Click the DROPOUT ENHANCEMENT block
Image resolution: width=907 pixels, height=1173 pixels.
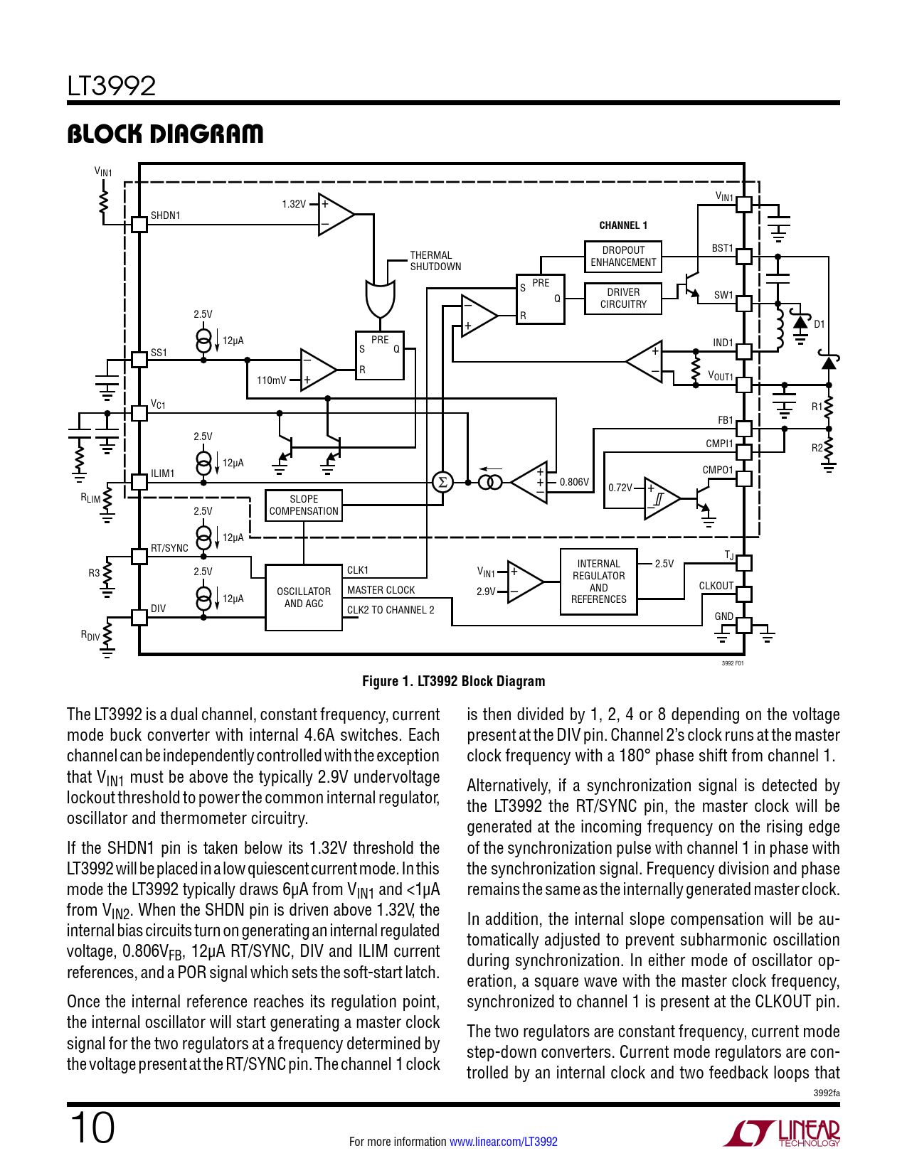pyautogui.click(x=623, y=257)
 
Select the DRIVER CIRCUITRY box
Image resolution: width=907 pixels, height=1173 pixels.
pyautogui.click(x=623, y=298)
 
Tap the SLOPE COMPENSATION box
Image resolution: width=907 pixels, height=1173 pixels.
pyautogui.click(x=304, y=505)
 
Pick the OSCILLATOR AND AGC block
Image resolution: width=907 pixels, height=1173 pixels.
pyautogui.click(x=304, y=598)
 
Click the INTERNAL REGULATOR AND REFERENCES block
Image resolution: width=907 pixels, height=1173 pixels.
pyautogui.click(x=598, y=582)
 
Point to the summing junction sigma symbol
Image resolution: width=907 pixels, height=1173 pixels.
pyautogui.click(x=442, y=482)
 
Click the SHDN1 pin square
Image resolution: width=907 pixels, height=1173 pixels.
pyautogui.click(x=139, y=224)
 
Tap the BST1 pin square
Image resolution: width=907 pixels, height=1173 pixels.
pyautogui.click(x=744, y=256)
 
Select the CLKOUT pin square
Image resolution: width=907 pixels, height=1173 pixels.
pyautogui.click(x=744, y=594)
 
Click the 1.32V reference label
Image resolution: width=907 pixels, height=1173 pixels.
pyautogui.click(x=294, y=204)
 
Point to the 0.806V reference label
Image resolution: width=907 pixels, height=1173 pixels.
pyautogui.click(x=574, y=482)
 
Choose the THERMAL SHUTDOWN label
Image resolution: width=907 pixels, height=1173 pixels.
pyautogui.click(x=435, y=261)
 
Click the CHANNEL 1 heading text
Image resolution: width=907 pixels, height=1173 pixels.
pyautogui.click(x=623, y=225)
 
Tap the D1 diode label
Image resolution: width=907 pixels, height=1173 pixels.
pyautogui.click(x=820, y=324)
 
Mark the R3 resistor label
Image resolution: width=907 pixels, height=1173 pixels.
pyautogui.click(x=94, y=573)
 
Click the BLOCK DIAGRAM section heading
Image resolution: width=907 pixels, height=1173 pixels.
pyautogui.click(x=165, y=134)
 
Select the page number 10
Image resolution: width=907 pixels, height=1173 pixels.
pyautogui.click(x=92, y=1128)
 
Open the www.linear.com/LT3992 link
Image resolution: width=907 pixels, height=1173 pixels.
pyautogui.click(x=504, y=1142)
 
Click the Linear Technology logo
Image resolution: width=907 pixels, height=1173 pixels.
pyautogui.click(x=782, y=1132)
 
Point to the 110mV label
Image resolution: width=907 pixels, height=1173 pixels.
pyautogui.click(x=271, y=380)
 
